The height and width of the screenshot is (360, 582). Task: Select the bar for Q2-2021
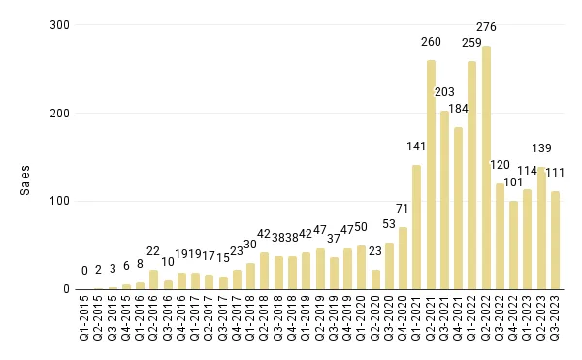click(x=431, y=175)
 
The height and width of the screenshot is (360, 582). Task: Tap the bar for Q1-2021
click(x=417, y=227)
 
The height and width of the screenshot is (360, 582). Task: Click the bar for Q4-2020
click(x=403, y=258)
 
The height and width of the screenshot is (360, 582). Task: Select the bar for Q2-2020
click(x=375, y=279)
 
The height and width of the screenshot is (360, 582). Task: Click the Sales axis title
click(x=26, y=180)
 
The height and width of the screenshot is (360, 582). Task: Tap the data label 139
click(x=542, y=147)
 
